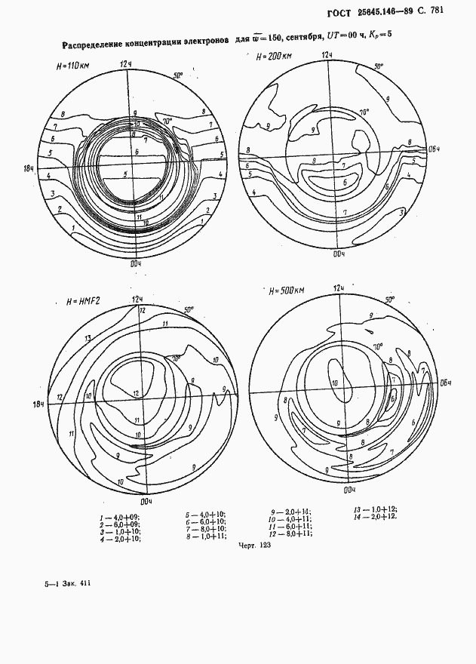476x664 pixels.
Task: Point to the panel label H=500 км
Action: point(287,290)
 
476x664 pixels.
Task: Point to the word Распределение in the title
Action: point(99,45)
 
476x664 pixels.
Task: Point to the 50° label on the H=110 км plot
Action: point(178,75)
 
